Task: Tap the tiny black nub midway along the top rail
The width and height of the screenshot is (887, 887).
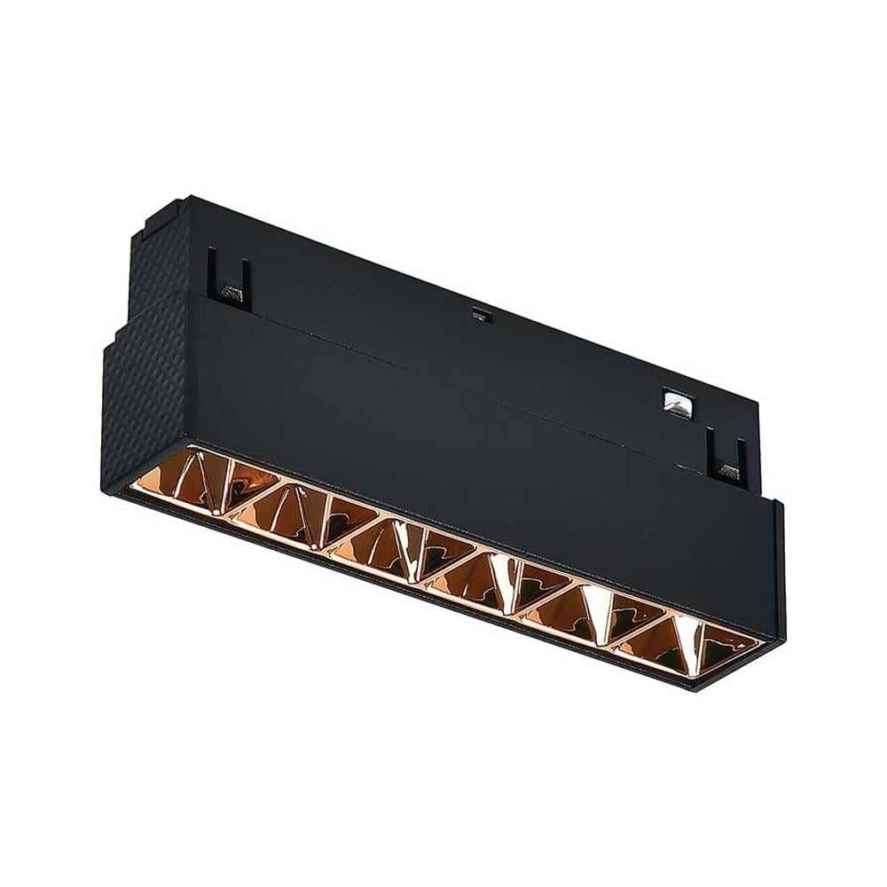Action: (x=480, y=312)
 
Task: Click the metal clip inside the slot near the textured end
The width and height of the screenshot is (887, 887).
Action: (x=232, y=290)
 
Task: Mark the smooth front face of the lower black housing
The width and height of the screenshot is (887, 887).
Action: (x=443, y=443)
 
